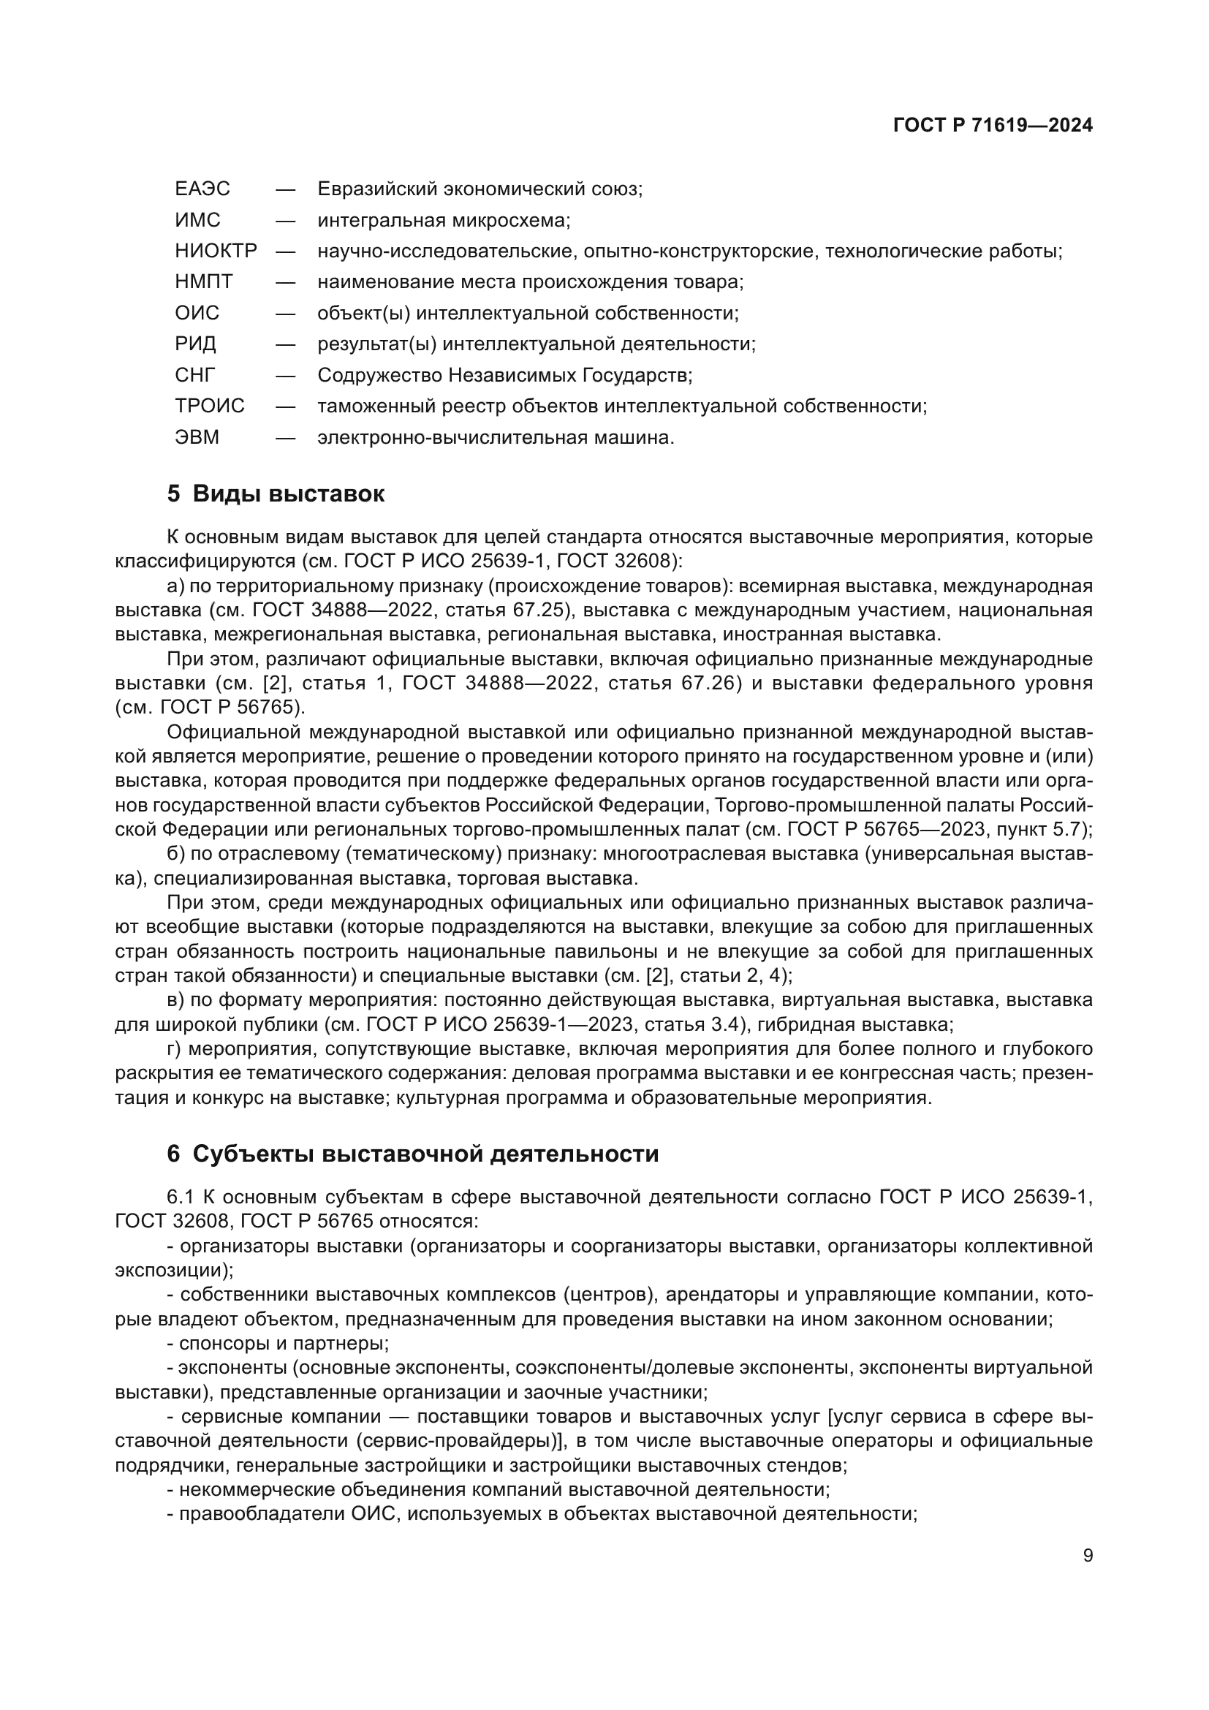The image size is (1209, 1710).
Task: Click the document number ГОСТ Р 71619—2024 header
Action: click(993, 125)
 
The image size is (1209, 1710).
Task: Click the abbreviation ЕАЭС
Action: click(202, 189)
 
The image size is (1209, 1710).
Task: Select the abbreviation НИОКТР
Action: click(216, 251)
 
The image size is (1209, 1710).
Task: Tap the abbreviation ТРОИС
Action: click(210, 406)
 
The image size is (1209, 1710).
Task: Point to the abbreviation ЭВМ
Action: click(197, 437)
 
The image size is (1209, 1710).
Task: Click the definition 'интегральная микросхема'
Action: click(444, 221)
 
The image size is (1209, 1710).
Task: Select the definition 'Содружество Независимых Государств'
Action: click(504, 374)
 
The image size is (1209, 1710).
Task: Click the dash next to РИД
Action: click(285, 344)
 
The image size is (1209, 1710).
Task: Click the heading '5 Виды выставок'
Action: click(276, 493)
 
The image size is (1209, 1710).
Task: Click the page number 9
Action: click(1088, 1555)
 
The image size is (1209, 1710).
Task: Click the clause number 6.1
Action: click(180, 1197)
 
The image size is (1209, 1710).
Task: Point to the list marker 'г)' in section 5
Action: click(174, 1049)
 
